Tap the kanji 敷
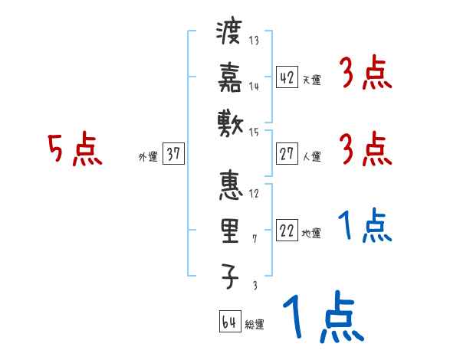pyautogui.click(x=230, y=119)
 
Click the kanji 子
pyautogui.click(x=230, y=276)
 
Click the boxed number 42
pyautogui.click(x=287, y=77)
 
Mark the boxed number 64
pyautogui.click(x=229, y=322)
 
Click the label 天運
pyautogui.click(x=312, y=80)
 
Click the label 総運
pyautogui.click(x=255, y=324)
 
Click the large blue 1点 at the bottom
pyautogui.click(x=323, y=317)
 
